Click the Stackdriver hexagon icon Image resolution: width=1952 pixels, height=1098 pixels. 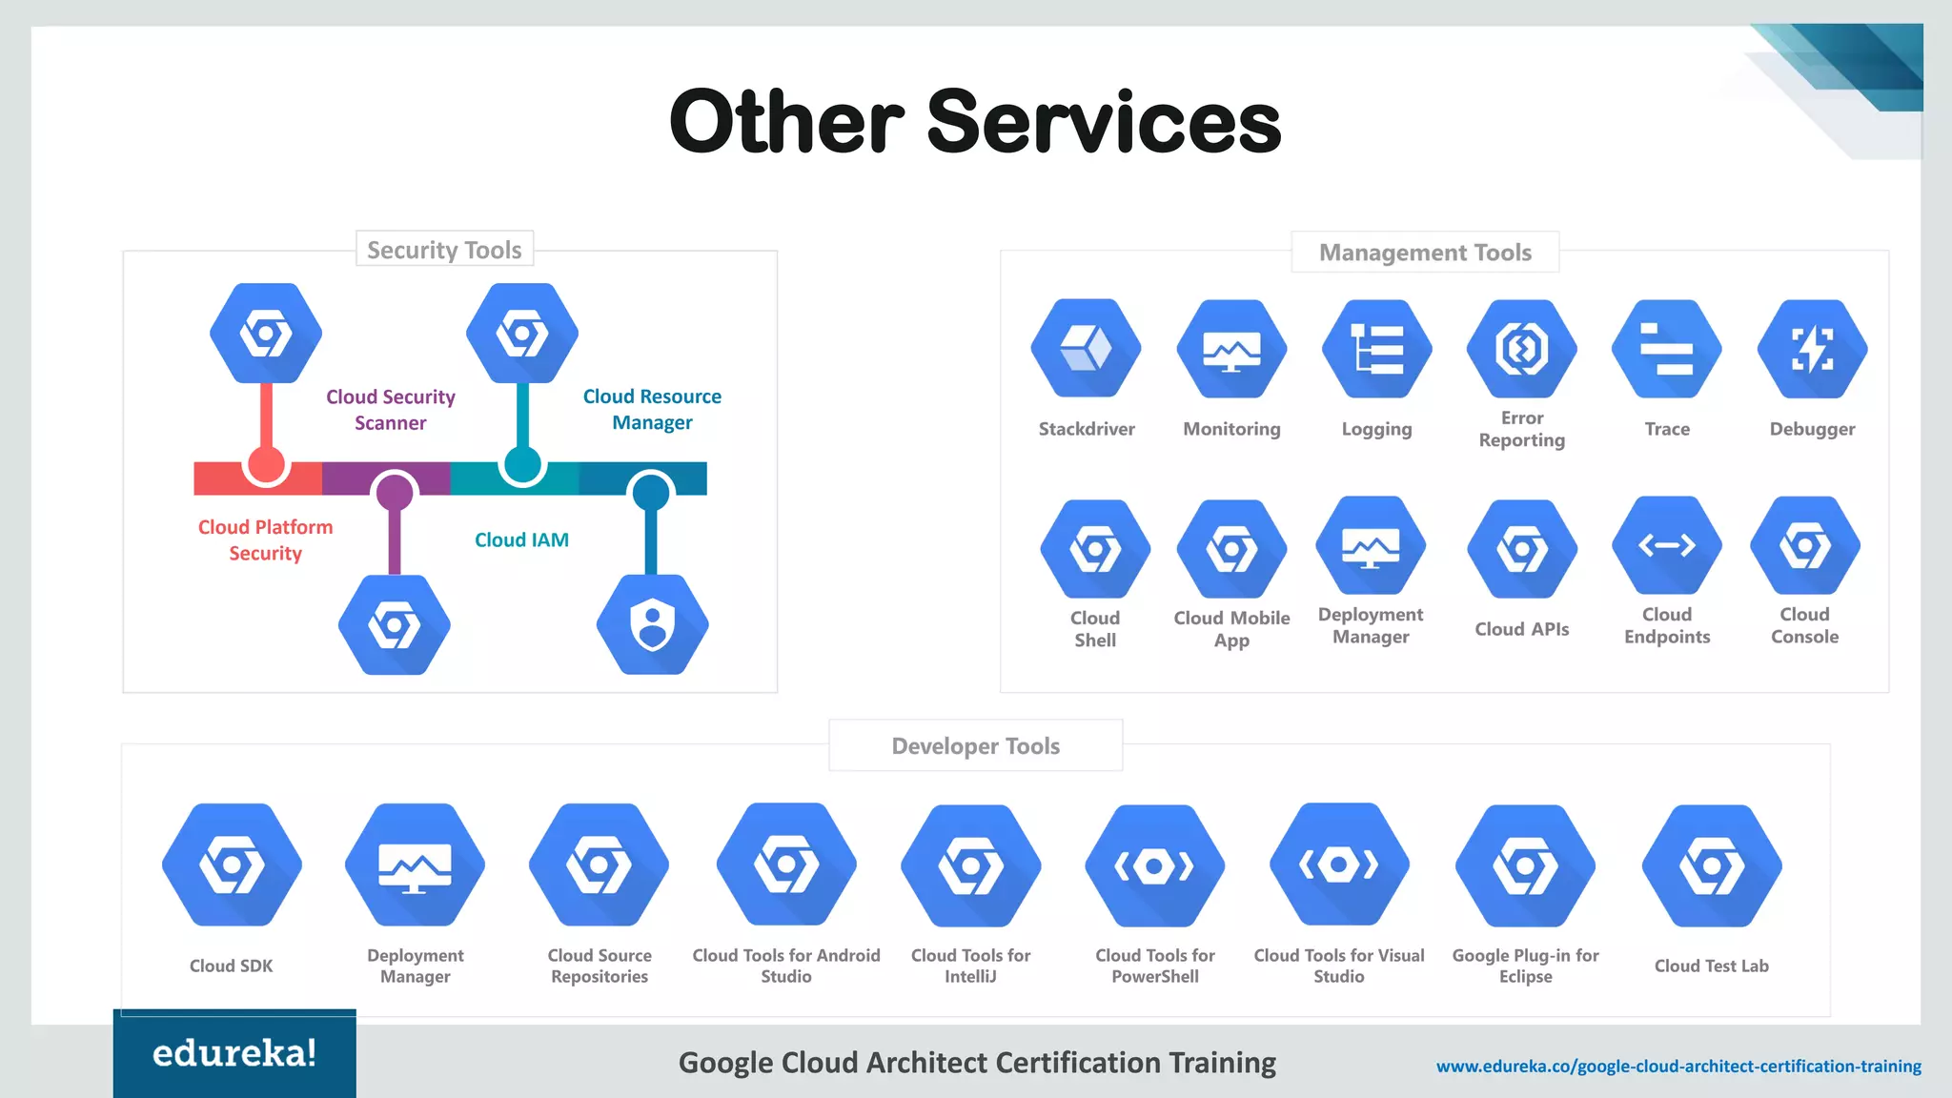click(x=1086, y=348)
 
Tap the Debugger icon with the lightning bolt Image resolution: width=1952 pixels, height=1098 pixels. click(x=1812, y=349)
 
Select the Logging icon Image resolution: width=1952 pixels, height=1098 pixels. click(x=1376, y=349)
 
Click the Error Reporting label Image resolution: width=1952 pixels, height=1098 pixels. click(x=1521, y=429)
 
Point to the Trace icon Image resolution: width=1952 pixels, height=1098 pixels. click(x=1666, y=349)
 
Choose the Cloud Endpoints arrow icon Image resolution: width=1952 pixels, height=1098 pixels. click(x=1666, y=545)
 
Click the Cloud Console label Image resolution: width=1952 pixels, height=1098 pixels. click(x=1804, y=625)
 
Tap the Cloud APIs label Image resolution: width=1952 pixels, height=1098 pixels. click(x=1521, y=629)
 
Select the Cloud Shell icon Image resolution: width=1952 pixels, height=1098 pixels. click(x=1095, y=550)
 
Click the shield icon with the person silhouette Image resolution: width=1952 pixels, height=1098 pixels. click(x=652, y=625)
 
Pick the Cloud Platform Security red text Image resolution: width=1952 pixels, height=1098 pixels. click(x=265, y=540)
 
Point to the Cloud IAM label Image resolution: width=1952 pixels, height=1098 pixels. click(x=521, y=540)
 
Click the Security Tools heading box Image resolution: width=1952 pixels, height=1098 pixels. click(x=444, y=250)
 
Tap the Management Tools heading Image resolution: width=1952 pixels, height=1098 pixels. click(x=1425, y=253)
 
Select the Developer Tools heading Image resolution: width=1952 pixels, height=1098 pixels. click(x=975, y=746)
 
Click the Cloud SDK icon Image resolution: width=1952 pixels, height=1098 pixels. click(x=232, y=865)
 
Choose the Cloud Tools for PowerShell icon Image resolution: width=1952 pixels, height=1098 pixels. click(x=1154, y=865)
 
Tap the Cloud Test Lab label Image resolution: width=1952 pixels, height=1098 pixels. click(x=1711, y=966)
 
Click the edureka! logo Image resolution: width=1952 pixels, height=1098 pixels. click(x=234, y=1053)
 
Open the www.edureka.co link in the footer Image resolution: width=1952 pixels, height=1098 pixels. click(x=1678, y=1066)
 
